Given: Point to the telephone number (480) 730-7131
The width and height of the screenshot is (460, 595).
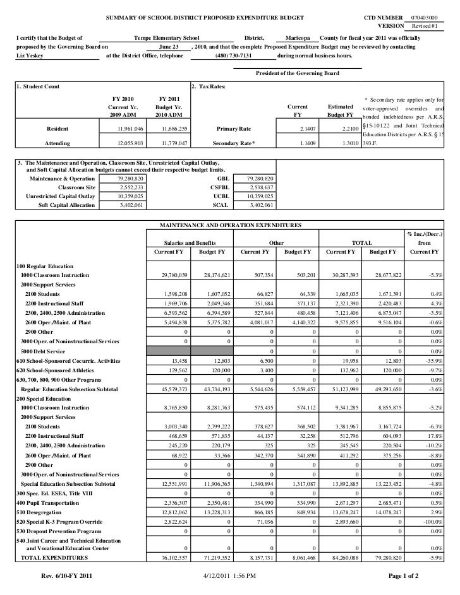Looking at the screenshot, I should click(x=233, y=56).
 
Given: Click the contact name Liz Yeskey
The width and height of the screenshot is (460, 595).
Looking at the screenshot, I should click(x=31, y=56).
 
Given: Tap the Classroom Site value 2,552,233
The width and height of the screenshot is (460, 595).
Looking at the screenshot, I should click(x=131, y=187).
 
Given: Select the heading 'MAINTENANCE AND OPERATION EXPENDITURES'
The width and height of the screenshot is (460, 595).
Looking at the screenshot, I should click(x=229, y=225).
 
